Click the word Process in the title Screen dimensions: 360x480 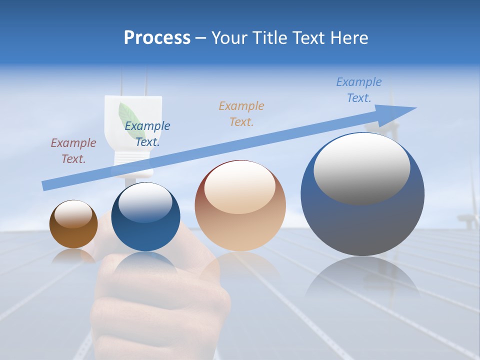(157, 38)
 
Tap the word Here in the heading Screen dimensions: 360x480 (349, 38)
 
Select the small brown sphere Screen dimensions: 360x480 (73, 224)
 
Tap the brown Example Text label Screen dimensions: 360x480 (73, 151)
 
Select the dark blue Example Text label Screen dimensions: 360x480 (147, 134)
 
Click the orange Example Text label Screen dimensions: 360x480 (241, 113)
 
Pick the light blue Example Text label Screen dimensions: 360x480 (359, 89)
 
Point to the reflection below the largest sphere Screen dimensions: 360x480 (362, 280)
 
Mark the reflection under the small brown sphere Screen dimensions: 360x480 (73, 256)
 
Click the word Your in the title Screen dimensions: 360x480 (229, 38)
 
